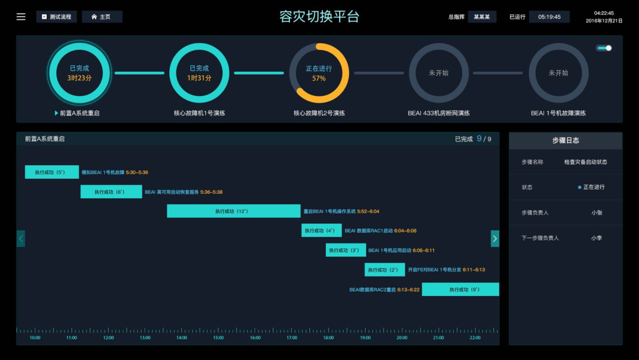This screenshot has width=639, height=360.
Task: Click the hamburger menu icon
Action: pyautogui.click(x=21, y=17)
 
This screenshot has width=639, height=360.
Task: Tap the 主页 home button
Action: pyautogui.click(x=102, y=17)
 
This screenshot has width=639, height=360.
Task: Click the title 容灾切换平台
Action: pyautogui.click(x=319, y=17)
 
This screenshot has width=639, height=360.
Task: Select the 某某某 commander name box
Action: pyautogui.click(x=482, y=17)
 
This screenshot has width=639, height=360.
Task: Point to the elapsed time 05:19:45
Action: pyautogui.click(x=549, y=17)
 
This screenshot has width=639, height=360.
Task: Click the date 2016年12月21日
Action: pyautogui.click(x=604, y=21)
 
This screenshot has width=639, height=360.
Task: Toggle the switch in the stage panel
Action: pyautogui.click(x=604, y=48)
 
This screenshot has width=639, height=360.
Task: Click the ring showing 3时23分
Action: pyautogui.click(x=79, y=73)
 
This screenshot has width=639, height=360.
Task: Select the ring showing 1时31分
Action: pyautogui.click(x=199, y=73)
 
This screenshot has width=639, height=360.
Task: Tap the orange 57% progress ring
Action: pyautogui.click(x=319, y=73)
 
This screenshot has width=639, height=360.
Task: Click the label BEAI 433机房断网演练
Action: pyautogui.click(x=438, y=113)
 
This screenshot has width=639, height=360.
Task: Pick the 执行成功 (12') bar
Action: pyautogui.click(x=234, y=211)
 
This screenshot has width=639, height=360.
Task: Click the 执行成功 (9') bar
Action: pyautogui.click(x=460, y=290)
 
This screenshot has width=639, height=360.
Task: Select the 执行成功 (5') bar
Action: pyautogui.click(x=51, y=172)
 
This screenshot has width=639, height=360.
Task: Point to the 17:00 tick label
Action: pyautogui.click(x=292, y=338)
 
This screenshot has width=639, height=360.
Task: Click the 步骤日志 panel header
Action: pyautogui.click(x=565, y=140)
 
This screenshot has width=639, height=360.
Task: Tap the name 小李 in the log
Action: pyautogui.click(x=596, y=238)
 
